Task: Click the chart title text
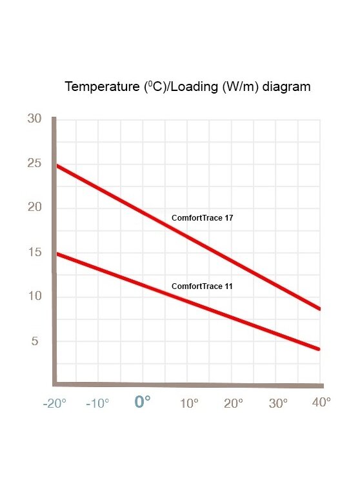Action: coord(188,86)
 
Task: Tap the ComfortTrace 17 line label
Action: coord(202,218)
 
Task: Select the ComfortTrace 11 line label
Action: coord(202,286)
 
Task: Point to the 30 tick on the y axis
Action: coord(34,118)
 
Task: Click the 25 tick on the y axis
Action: coord(34,163)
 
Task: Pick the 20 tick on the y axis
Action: coord(34,207)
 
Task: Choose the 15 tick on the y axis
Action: coord(35,252)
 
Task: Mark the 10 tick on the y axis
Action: coord(35,295)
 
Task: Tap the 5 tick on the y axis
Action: coord(35,341)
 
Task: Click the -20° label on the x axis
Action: coord(54,403)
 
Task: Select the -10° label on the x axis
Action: coord(97,403)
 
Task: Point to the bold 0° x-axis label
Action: coord(143,401)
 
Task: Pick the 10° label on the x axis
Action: coord(189,403)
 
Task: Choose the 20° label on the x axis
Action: coord(234,403)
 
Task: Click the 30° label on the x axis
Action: coord(278,403)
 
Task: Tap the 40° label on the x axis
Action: coord(321,402)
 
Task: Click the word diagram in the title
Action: coord(286,87)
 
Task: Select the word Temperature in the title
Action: coord(102,87)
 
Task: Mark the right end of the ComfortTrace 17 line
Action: coord(319,309)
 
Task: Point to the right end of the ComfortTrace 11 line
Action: coord(319,349)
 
